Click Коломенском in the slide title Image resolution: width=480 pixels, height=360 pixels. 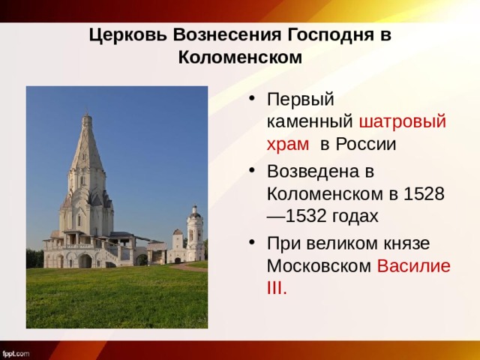[x=240, y=57]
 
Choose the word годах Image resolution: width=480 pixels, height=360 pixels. [x=354, y=216]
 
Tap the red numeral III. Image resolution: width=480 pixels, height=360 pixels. [x=277, y=289]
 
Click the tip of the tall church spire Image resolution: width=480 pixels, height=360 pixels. [x=87, y=115]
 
